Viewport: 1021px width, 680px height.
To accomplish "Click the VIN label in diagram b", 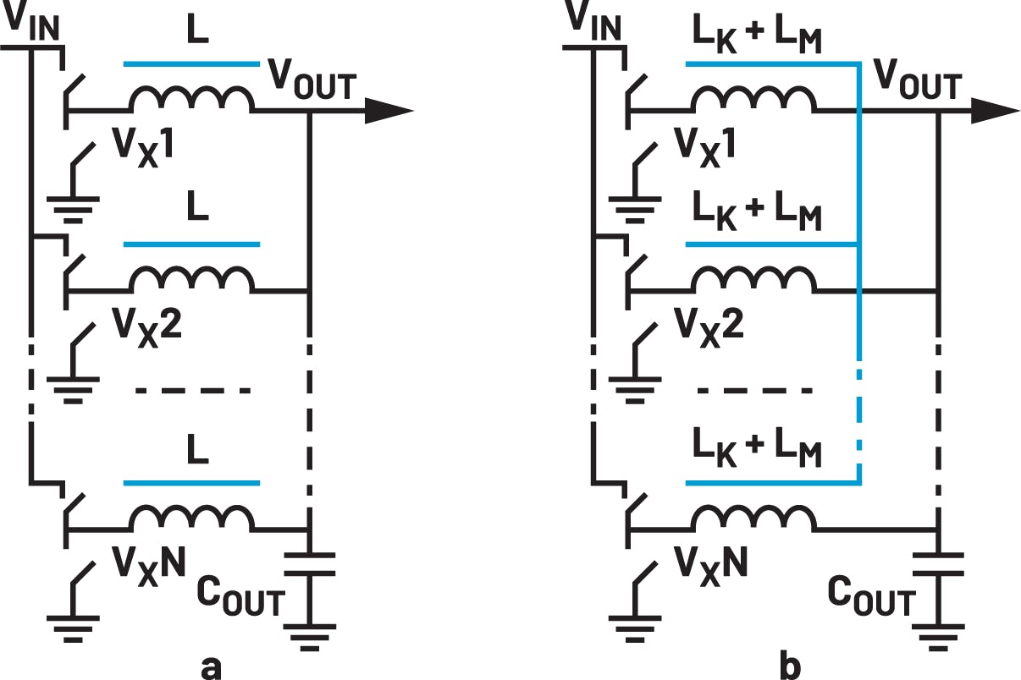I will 592,23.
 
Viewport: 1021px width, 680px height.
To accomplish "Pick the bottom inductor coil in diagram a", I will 190,518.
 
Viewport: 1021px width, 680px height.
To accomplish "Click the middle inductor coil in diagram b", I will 753,281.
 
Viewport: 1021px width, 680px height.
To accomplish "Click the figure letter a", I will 212,666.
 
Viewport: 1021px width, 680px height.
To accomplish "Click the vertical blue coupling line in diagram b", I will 858,254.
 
